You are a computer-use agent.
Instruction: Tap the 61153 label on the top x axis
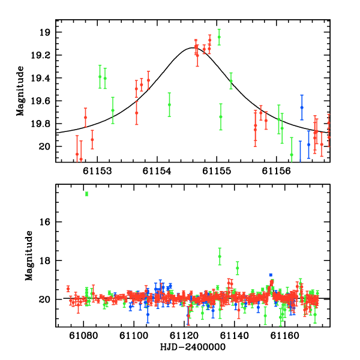click(97, 171)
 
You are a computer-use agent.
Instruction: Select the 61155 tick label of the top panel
click(217, 171)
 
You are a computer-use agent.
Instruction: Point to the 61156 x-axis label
click(276, 171)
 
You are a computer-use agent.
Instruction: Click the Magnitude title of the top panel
click(20, 91)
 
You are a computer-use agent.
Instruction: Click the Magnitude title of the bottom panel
click(29, 256)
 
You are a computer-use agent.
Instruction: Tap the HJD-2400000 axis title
click(193, 347)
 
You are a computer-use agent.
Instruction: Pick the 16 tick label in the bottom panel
click(45, 222)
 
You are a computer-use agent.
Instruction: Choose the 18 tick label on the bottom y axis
click(45, 261)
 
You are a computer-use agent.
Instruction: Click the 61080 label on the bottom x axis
click(83, 335)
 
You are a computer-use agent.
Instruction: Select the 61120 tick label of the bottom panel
click(184, 335)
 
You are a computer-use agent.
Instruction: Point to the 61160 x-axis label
click(284, 335)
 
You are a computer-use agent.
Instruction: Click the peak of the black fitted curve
click(193, 47)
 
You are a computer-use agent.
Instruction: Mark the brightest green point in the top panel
click(219, 37)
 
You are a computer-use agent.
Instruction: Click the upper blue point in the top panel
click(302, 107)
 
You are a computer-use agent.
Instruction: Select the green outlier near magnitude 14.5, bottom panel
click(86, 194)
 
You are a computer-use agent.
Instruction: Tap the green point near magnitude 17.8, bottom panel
click(220, 256)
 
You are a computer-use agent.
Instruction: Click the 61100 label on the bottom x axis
click(134, 335)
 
